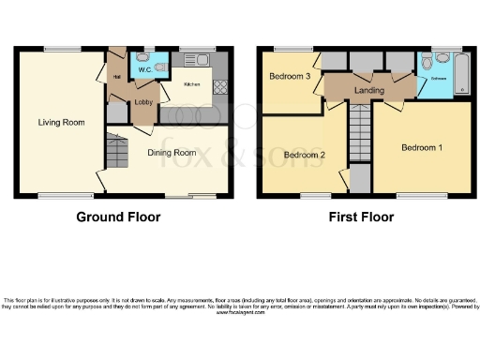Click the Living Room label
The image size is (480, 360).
[56, 122]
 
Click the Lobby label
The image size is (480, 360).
[143, 101]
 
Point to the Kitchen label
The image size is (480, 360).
[191, 84]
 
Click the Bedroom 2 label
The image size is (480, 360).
[304, 154]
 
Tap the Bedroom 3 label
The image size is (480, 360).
[289, 76]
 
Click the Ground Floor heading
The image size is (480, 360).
[118, 217]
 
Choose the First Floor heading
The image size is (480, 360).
[360, 217]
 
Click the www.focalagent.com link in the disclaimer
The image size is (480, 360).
[239, 314]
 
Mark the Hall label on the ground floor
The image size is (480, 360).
[118, 76]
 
